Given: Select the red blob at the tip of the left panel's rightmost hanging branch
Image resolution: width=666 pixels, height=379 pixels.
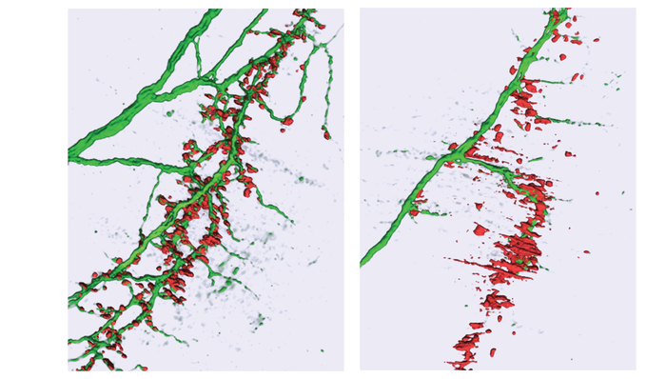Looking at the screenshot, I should pyautogui.click(x=326, y=134).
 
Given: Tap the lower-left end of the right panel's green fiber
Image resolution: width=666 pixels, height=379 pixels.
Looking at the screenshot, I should pyautogui.click(x=364, y=261).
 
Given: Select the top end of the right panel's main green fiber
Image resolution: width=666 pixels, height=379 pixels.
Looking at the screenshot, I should pyautogui.click(x=561, y=13).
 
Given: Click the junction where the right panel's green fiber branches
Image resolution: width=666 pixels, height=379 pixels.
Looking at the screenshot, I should pyautogui.click(x=457, y=152).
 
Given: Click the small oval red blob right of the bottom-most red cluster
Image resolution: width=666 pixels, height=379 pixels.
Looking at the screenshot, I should pyautogui.click(x=494, y=352).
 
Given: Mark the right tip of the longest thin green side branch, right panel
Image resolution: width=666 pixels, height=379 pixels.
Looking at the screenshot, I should pyautogui.click(x=601, y=123).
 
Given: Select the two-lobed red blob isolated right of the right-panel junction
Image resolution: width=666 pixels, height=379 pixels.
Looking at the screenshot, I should pyautogui.click(x=568, y=153).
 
